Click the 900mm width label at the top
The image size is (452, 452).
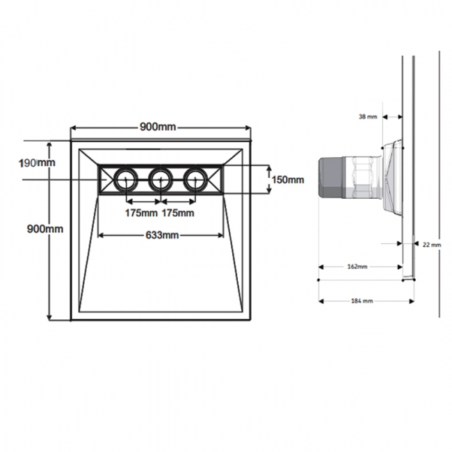pos(159,127)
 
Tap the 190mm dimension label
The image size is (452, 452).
pos(36,163)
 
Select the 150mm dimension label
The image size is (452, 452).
pos(287,179)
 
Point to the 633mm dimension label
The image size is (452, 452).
pos(161,235)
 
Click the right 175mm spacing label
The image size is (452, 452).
pos(179,213)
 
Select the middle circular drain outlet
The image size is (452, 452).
pos(161,180)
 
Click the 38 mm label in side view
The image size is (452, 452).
pos(367,117)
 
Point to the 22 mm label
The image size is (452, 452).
pos(431,245)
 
